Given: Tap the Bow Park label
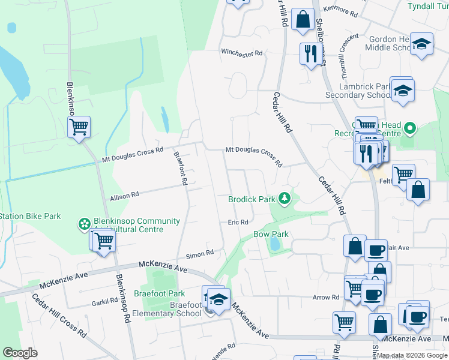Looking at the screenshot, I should coord(271,234).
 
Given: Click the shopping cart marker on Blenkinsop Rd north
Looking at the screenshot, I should coord(79,127).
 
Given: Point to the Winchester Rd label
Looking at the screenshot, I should coord(242,53).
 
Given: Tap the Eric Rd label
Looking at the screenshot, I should coord(238,222).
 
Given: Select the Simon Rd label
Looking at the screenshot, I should coord(200,253).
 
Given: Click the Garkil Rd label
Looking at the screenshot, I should coord(106,301).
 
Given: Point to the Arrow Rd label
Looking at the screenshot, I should coord(326,297).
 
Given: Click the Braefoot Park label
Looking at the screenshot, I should coord(168,294).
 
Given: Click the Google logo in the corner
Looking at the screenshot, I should coord(20,353).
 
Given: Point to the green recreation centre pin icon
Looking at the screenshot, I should coord(410,128).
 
